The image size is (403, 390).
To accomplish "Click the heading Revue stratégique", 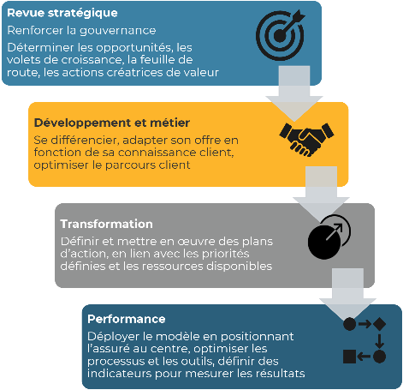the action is [62, 14].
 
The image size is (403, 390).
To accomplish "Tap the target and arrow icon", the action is [281, 34].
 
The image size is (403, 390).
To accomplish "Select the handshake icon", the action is [306, 140].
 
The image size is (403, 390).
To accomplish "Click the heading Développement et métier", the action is [112, 123].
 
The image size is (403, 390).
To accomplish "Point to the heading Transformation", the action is [106, 224].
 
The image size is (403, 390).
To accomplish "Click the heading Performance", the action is [127, 319].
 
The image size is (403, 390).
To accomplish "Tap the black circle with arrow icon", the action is [329, 237].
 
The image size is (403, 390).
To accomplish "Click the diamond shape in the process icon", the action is [379, 324].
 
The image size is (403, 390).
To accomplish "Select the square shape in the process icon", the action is [349, 357].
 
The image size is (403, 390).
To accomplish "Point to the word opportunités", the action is [134, 48].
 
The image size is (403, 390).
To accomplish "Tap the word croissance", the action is [92, 60].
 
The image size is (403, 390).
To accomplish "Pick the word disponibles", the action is [239, 267].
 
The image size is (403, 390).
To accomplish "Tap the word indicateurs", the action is [119, 373].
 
